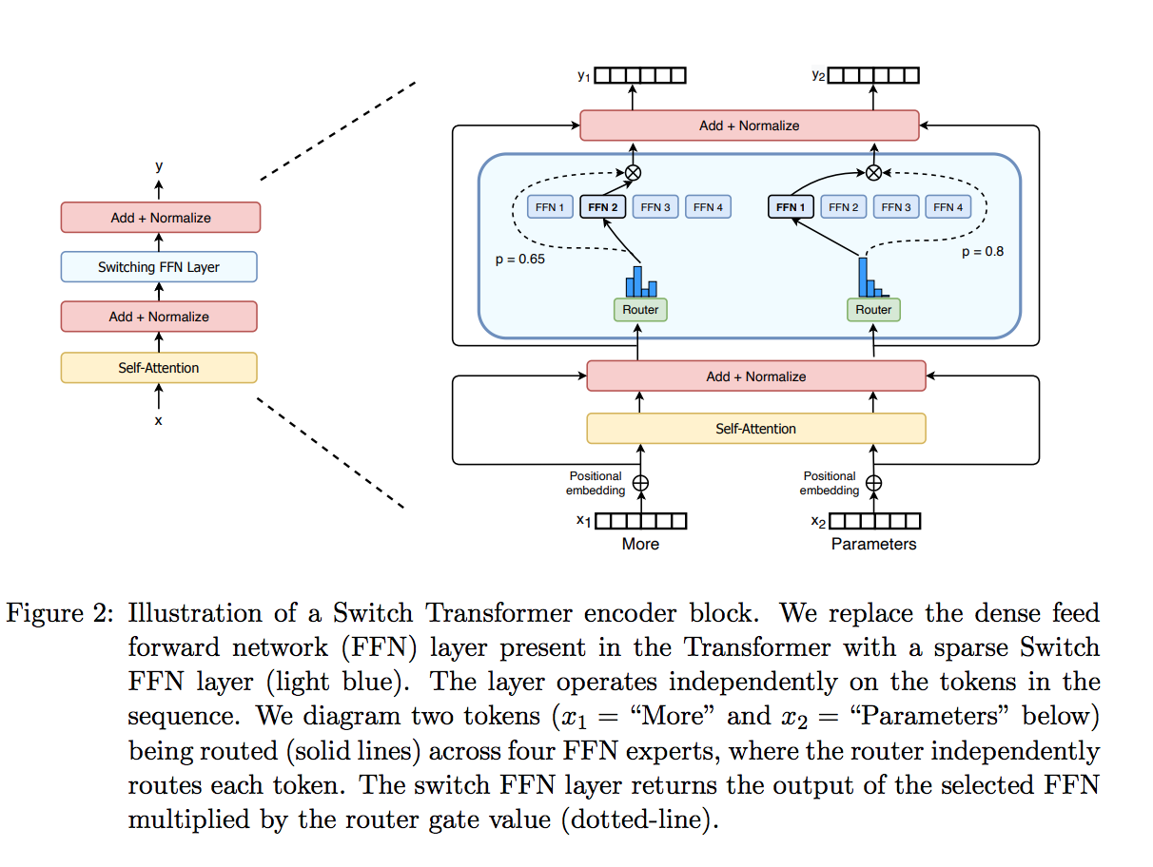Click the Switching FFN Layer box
click(159, 267)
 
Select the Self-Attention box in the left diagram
click(159, 368)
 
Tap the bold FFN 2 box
click(603, 207)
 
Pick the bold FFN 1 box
click(791, 207)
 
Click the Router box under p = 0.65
click(640, 310)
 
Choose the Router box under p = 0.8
click(873, 310)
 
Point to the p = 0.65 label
click(520, 259)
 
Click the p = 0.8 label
click(982, 252)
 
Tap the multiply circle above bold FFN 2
click(633, 172)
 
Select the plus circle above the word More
click(640, 483)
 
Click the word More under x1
click(640, 544)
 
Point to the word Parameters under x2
click(873, 544)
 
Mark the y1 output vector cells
click(640, 75)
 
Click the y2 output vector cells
click(873, 75)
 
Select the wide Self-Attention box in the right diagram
click(756, 429)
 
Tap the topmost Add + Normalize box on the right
click(750, 125)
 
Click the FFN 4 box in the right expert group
click(948, 207)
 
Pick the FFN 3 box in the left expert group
click(655, 207)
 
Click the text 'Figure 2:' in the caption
click(60, 613)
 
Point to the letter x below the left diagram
click(159, 420)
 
